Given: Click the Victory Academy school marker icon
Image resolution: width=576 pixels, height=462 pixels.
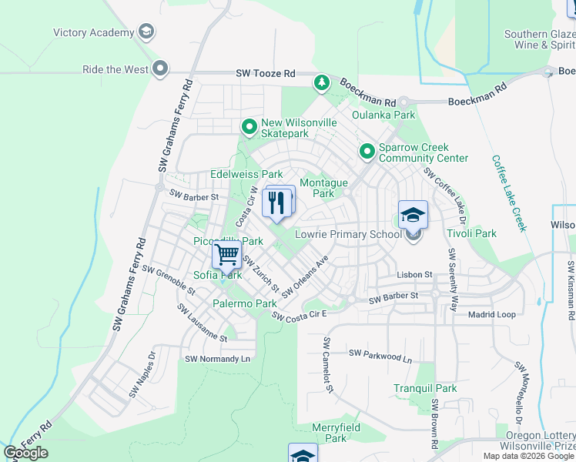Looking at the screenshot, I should pos(146,32).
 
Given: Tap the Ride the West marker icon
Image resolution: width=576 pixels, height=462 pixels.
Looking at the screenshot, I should pos(160,69).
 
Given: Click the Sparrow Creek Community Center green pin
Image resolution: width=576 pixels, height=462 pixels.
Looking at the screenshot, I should pos(367,152).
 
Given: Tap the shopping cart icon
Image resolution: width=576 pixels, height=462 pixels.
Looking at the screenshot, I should pos(226,253).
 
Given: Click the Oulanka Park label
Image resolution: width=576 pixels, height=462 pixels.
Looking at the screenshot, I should pos(383,115).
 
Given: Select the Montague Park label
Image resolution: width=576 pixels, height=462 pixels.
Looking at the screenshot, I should pos(323,188).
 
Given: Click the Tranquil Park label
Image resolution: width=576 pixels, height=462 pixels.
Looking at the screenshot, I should pos(425,388).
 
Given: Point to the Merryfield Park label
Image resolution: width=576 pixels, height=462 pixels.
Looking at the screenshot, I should pos(336,432).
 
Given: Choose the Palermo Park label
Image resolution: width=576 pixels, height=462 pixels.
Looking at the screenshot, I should pos(245,303).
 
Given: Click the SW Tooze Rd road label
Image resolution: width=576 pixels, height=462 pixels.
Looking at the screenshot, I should pos(266,74).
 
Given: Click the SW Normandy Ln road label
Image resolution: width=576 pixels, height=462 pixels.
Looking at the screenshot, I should pos(218,359).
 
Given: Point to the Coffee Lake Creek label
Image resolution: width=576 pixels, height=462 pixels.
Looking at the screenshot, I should pos(510,192).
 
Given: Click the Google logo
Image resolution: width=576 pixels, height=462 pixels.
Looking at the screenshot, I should pos(26,453).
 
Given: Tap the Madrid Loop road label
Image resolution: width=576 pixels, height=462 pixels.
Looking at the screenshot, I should pos(492,314).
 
